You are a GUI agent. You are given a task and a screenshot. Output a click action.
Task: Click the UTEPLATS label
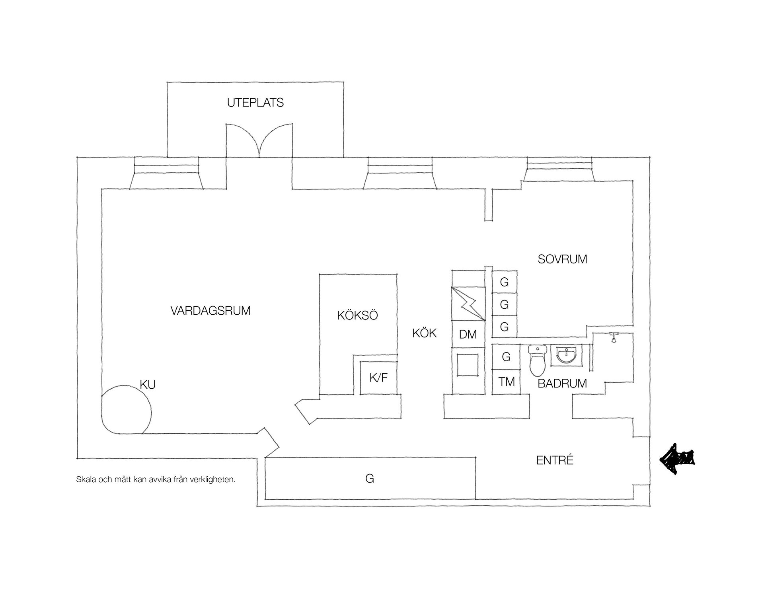pos(255,103)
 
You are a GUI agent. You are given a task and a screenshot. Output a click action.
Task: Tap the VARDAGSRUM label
pos(210,310)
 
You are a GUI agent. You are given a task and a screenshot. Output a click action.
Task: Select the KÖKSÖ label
pos(357,315)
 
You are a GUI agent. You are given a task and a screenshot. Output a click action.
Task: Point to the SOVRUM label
pos(562,259)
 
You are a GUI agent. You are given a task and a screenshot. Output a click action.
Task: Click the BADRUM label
pos(562,384)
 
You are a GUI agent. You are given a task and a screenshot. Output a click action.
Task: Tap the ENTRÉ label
pos(555,460)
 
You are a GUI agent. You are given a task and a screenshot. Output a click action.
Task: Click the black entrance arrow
pos(677,459)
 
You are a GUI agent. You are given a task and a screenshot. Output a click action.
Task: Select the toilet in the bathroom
pos(537,361)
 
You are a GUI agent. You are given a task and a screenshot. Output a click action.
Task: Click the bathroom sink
pos(566,355)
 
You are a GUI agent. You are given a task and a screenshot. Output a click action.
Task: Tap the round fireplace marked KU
pos(126,410)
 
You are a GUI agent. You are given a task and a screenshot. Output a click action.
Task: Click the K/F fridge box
pos(378,378)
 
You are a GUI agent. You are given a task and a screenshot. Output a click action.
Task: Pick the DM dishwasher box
pos(468,334)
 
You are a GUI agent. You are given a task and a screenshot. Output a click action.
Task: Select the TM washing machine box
pos(506,382)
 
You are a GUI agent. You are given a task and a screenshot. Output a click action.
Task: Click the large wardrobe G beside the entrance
pos(370,478)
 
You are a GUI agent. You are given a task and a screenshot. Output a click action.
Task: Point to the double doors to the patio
pos(259,140)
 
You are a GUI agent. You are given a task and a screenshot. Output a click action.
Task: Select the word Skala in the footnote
pos(85,480)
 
